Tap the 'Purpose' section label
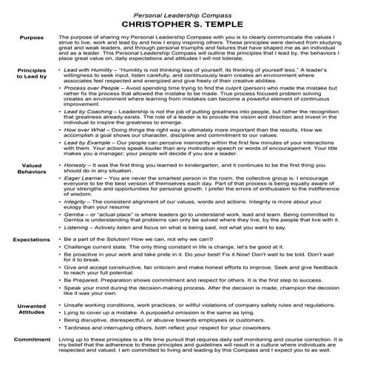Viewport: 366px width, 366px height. tap(32, 36)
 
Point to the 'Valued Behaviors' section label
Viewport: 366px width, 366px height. tap(32, 189)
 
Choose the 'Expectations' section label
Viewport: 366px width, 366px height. tap(30, 240)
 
